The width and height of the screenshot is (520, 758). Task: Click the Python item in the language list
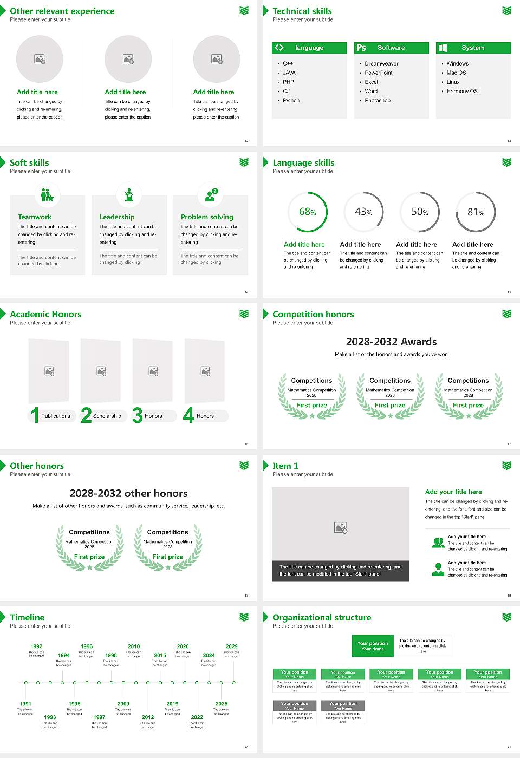pyautogui.click(x=291, y=101)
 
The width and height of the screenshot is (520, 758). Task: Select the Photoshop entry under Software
pyautogui.click(x=378, y=101)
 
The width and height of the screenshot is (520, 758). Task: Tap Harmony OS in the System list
pyautogui.click(x=462, y=92)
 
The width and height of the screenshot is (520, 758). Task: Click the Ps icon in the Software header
pyautogui.click(x=361, y=48)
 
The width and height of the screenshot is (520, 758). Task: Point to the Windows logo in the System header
pyautogui.click(x=443, y=48)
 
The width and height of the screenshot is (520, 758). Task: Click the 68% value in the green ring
pyautogui.click(x=307, y=212)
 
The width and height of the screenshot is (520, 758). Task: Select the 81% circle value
pyautogui.click(x=476, y=212)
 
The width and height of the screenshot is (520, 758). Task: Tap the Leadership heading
pyautogui.click(x=117, y=217)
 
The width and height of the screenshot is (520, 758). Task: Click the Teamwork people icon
pyautogui.click(x=47, y=194)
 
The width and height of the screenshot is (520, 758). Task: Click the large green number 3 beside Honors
pyautogui.click(x=138, y=415)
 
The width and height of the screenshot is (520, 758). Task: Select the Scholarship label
pyautogui.click(x=107, y=416)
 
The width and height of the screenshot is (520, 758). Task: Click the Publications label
pyautogui.click(x=56, y=416)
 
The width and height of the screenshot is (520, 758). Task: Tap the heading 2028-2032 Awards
pyautogui.click(x=391, y=342)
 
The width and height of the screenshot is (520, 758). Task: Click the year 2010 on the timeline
pyautogui.click(x=134, y=646)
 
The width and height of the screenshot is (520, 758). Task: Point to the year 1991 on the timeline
pyautogui.click(x=25, y=704)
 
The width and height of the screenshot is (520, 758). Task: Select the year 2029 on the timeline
pyautogui.click(x=231, y=646)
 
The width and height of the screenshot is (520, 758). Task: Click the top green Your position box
pyautogui.click(x=373, y=646)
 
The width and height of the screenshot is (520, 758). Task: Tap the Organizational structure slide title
pyautogui.click(x=322, y=618)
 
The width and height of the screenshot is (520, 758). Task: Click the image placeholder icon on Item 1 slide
pyautogui.click(x=341, y=527)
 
